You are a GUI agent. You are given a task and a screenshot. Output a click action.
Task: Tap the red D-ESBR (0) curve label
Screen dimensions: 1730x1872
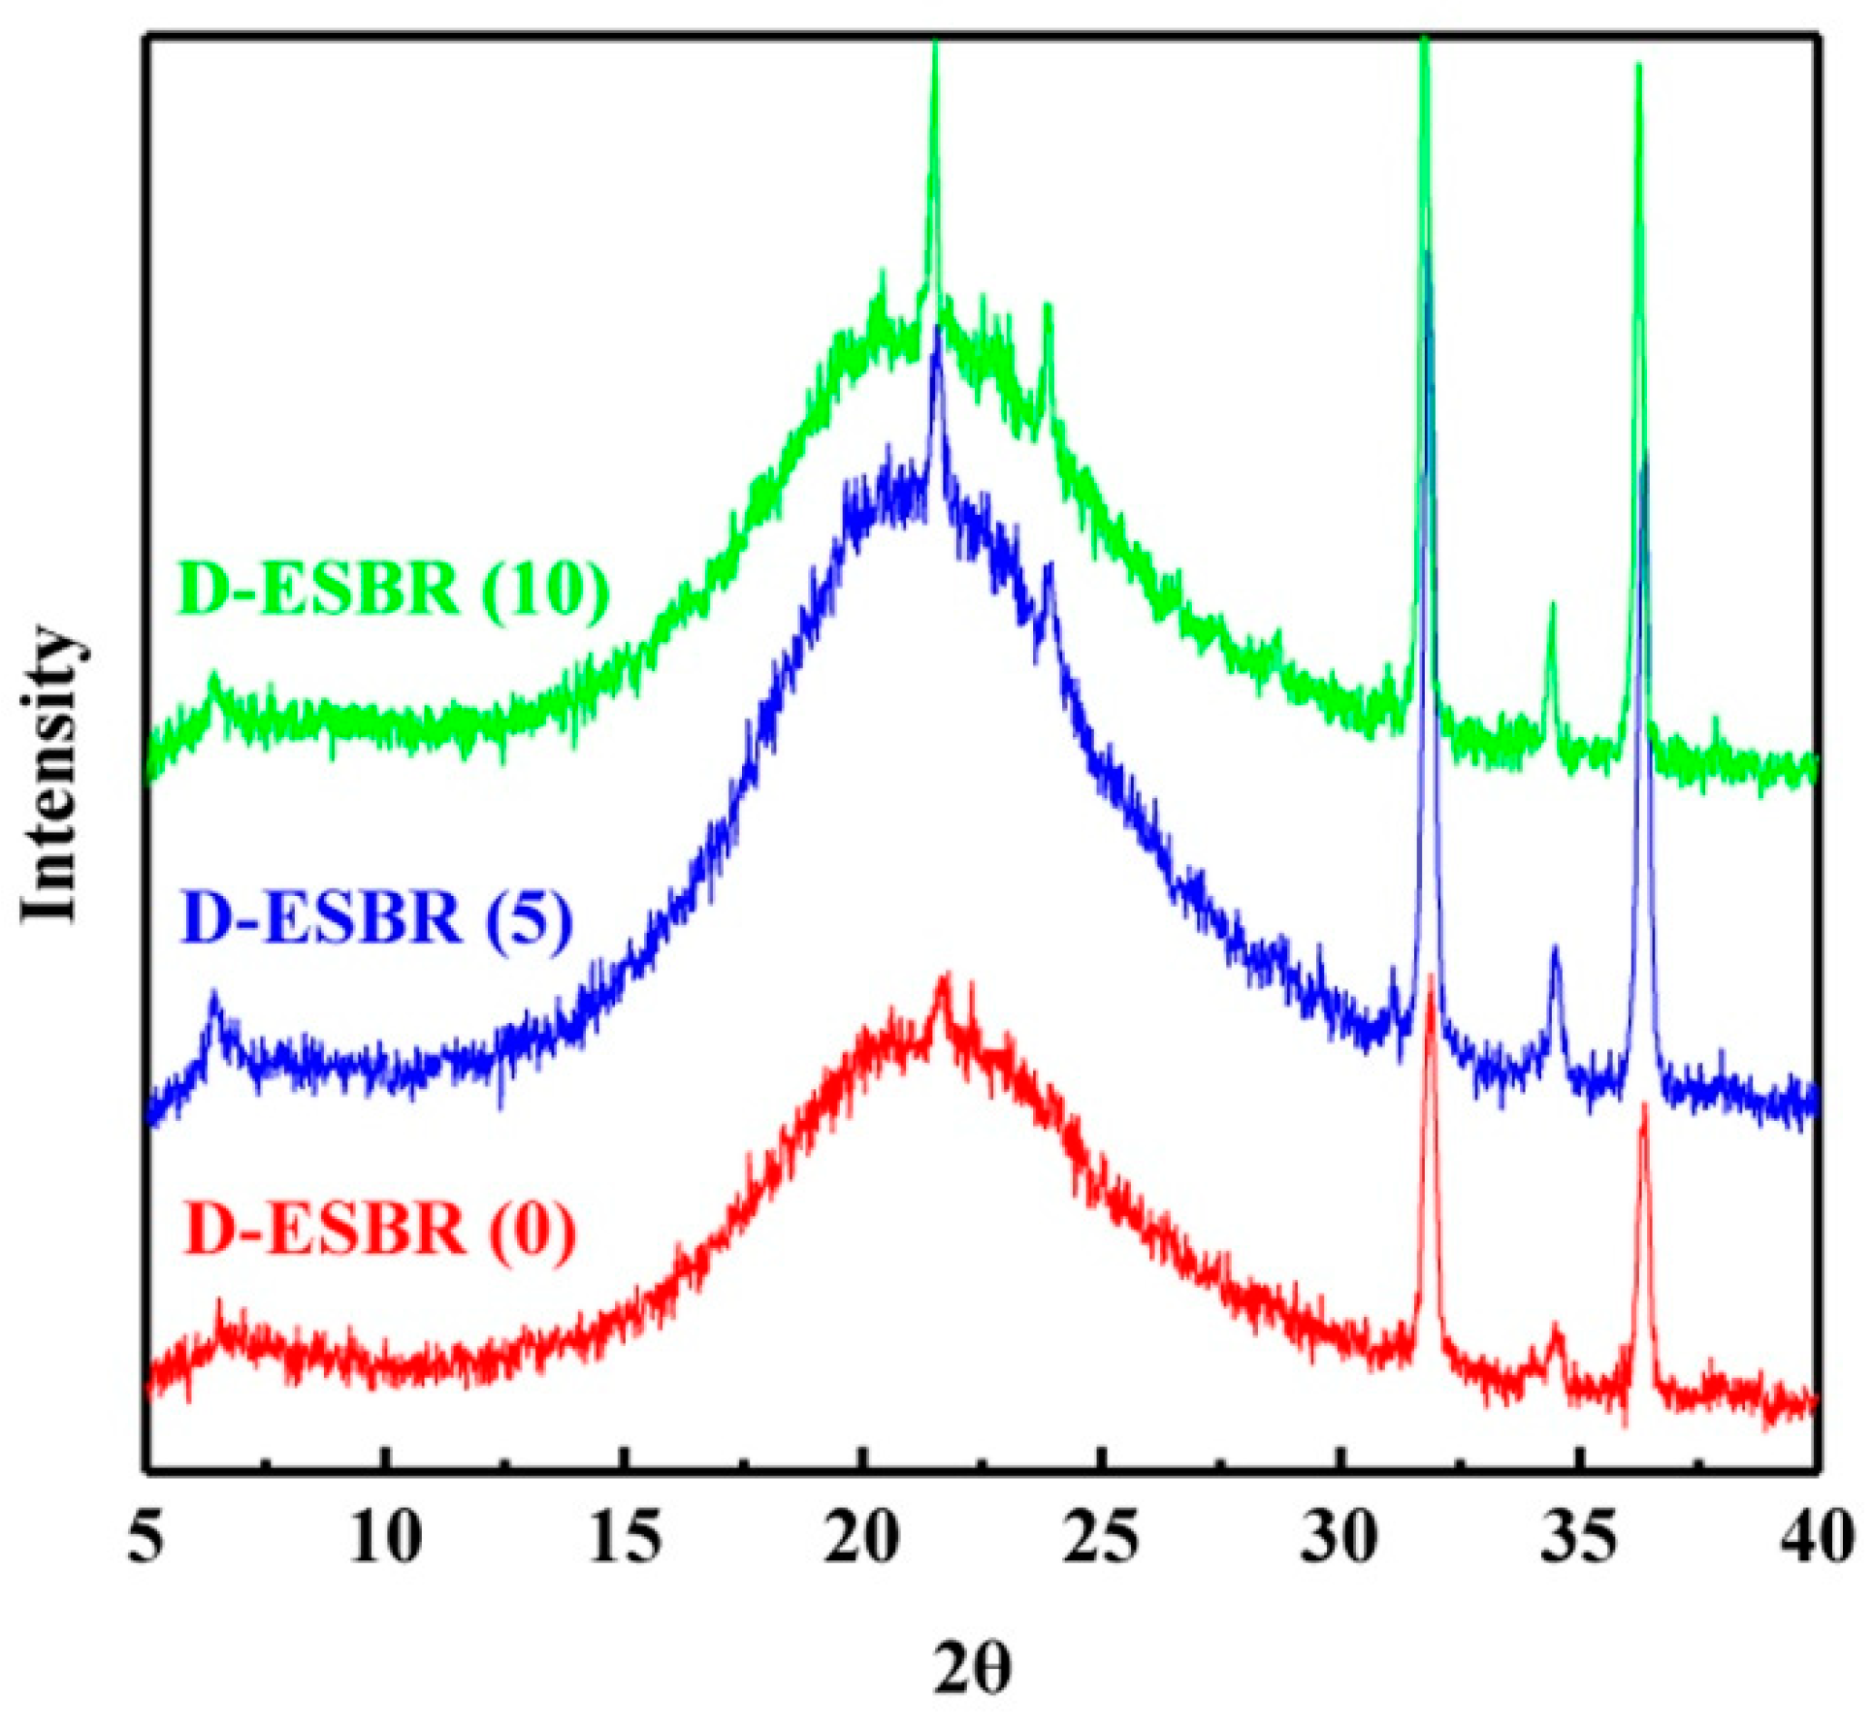pyautogui.click(x=378, y=1230)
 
